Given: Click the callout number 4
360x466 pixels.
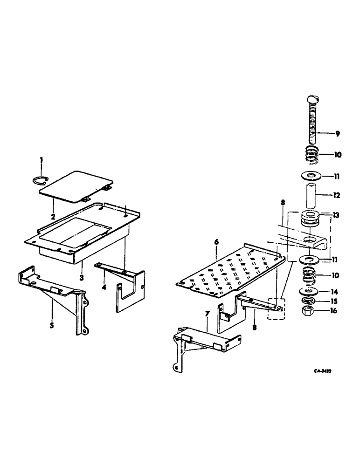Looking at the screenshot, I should [104, 287].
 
